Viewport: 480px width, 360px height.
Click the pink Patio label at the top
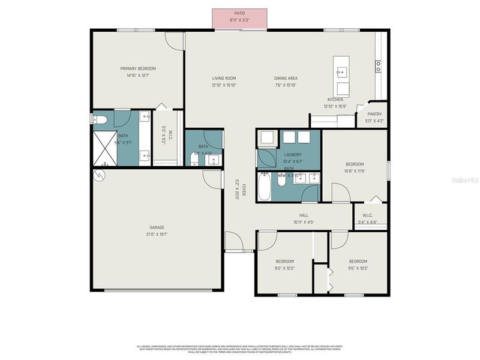click(240, 17)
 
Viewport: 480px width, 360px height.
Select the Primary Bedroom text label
click(138, 72)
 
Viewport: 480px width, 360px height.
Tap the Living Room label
click(223, 82)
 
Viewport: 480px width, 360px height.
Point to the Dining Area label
click(286, 82)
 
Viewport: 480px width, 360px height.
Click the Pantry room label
click(374, 117)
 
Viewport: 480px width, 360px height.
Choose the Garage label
click(157, 231)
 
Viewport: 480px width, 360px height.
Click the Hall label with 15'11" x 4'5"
click(304, 219)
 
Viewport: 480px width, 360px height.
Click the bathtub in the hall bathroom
click(265, 187)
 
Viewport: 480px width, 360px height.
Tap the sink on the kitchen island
click(342, 72)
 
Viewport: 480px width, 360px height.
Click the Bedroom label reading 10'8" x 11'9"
click(354, 167)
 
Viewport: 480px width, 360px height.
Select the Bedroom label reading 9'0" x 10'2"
click(284, 265)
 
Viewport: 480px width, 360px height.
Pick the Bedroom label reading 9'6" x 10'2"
click(358, 265)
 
